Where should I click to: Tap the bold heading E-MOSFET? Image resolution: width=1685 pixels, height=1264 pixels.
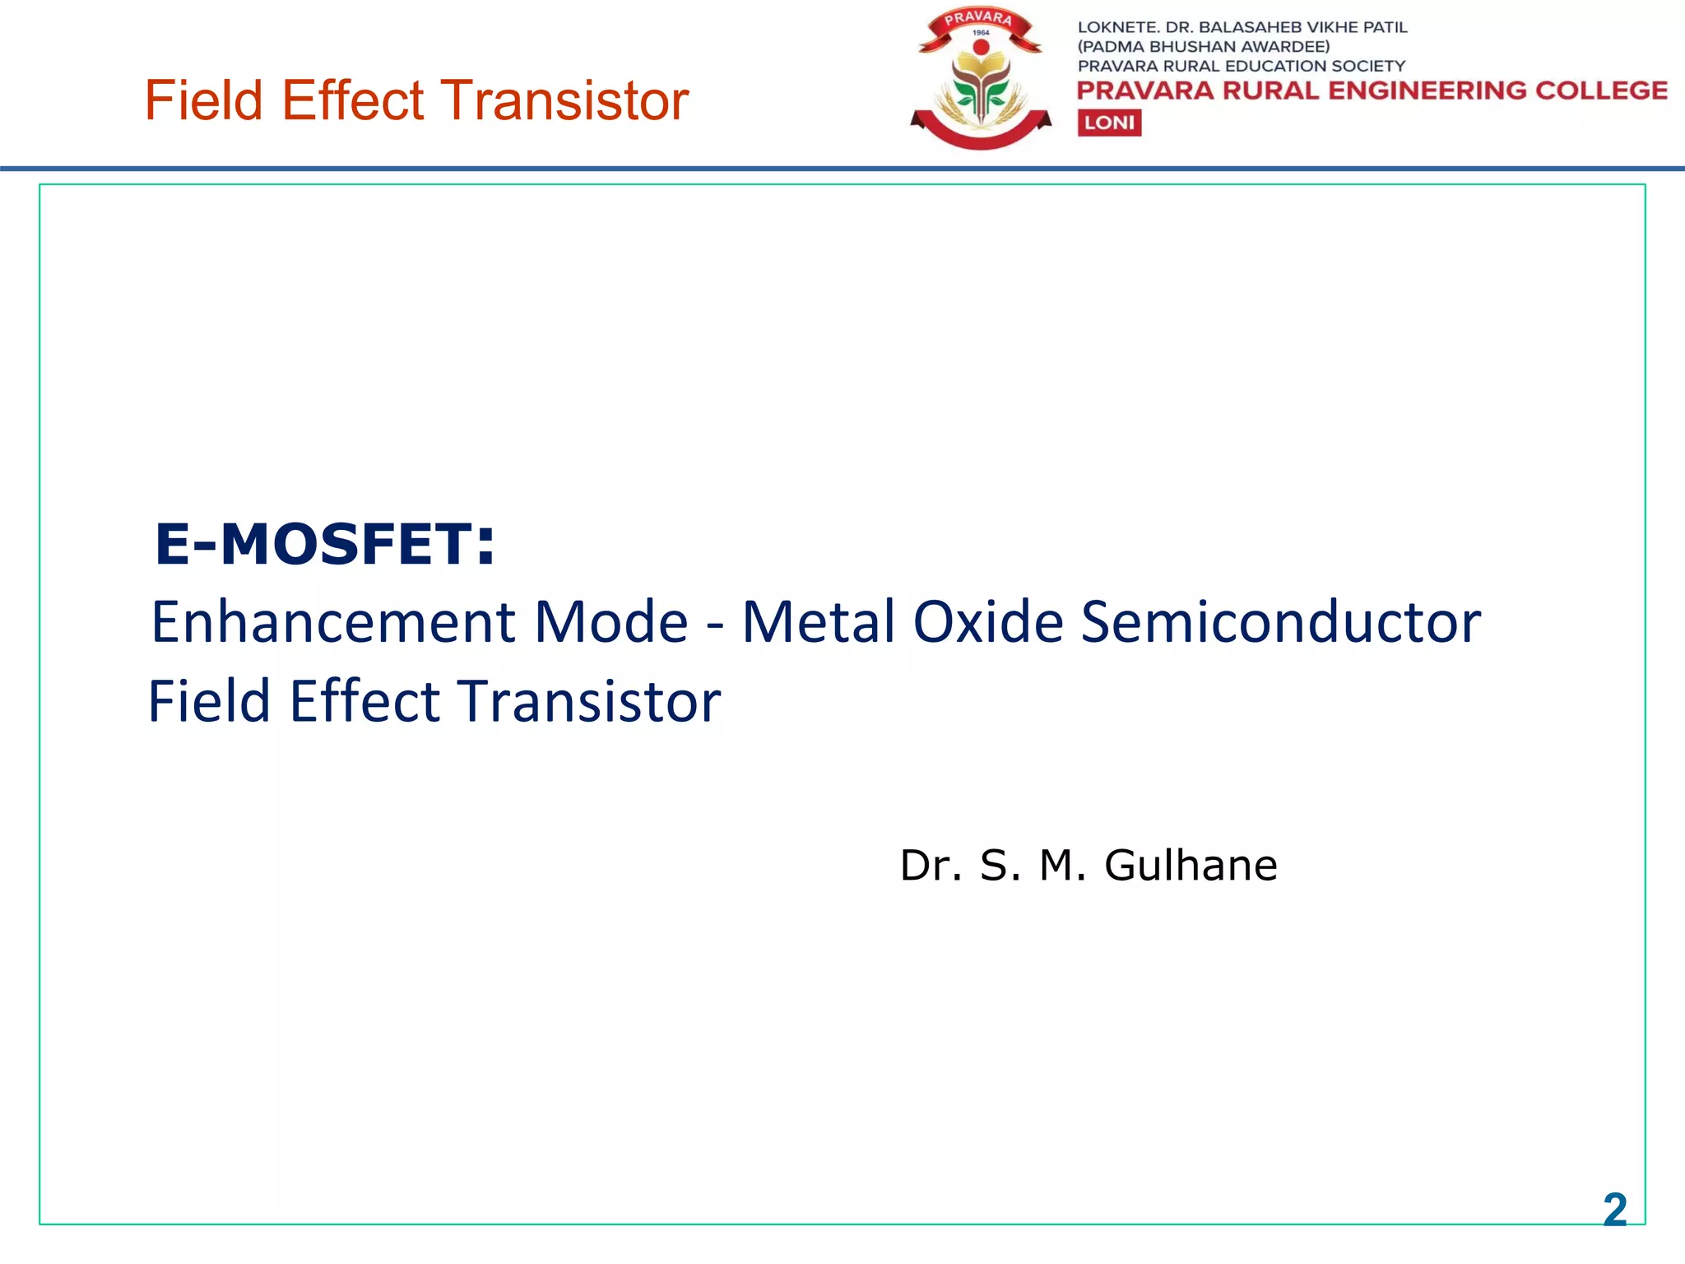click(x=325, y=545)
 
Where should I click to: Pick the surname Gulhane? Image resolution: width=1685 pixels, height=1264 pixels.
click(x=1191, y=866)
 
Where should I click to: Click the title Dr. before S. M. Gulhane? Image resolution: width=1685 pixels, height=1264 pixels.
click(x=931, y=866)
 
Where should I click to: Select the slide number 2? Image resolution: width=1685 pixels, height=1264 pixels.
click(x=1614, y=1210)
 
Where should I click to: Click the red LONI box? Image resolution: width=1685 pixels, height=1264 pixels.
click(x=1109, y=123)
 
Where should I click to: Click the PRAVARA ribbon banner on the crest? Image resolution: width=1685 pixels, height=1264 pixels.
click(x=978, y=19)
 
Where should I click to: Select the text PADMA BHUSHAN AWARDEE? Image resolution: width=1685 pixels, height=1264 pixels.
click(x=1203, y=47)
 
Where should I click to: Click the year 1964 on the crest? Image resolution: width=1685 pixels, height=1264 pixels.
click(x=981, y=33)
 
